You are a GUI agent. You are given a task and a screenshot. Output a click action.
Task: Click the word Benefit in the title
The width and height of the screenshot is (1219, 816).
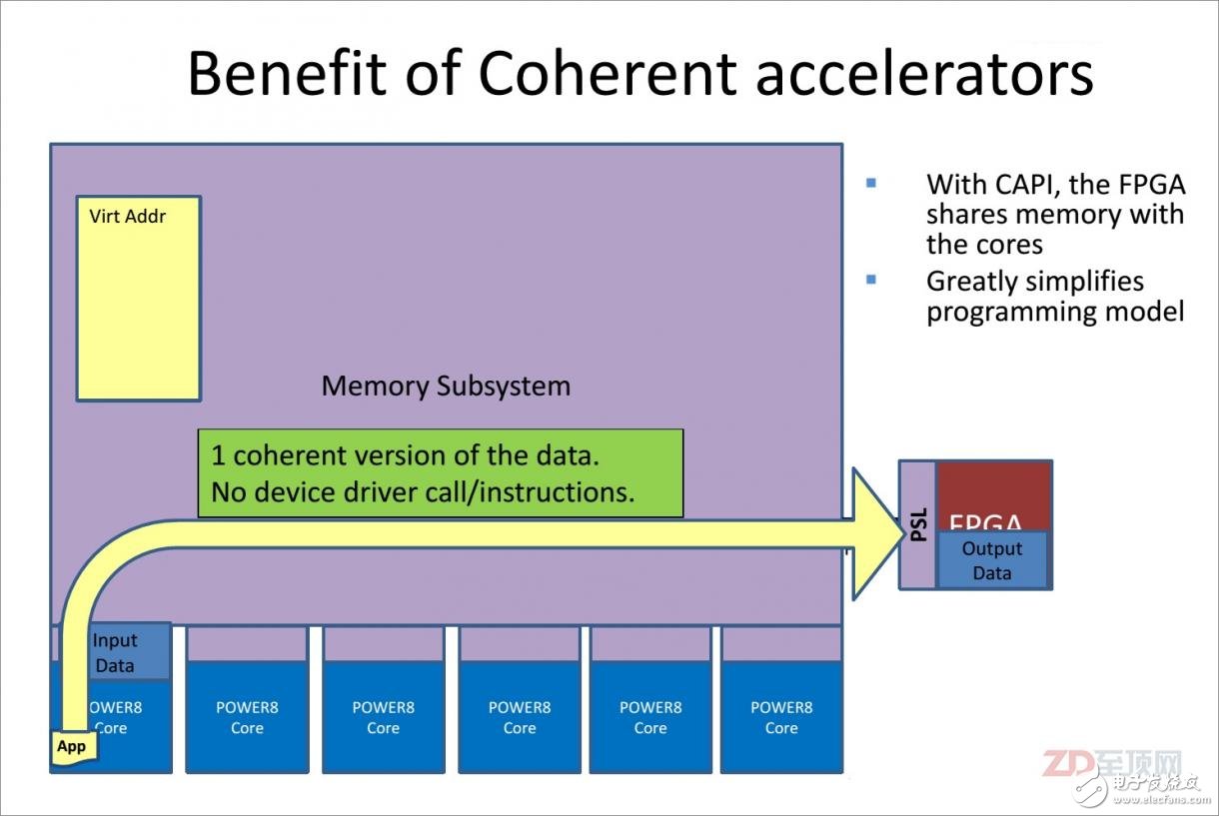pyautogui.click(x=287, y=73)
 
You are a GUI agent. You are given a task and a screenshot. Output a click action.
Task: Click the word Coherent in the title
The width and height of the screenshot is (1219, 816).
pyautogui.click(x=608, y=73)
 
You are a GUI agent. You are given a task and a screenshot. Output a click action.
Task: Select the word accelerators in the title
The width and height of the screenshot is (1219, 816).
pyautogui.click(x=925, y=75)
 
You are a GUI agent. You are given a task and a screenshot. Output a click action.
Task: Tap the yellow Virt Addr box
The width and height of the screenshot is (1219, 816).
pyautogui.click(x=139, y=298)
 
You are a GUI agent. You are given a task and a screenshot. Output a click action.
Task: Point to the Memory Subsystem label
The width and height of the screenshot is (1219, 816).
pyautogui.click(x=447, y=386)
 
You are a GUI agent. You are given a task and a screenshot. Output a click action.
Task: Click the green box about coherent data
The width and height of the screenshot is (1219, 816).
pyautogui.click(x=441, y=472)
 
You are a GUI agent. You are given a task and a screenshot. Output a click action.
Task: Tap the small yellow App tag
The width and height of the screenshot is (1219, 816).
pyautogui.click(x=75, y=746)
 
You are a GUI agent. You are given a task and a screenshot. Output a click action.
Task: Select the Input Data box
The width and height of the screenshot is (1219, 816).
pyautogui.click(x=127, y=652)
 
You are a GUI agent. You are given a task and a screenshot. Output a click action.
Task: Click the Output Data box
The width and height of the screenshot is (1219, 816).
pyautogui.click(x=992, y=560)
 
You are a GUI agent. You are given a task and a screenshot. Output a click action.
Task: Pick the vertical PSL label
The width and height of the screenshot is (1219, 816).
pyautogui.click(x=918, y=525)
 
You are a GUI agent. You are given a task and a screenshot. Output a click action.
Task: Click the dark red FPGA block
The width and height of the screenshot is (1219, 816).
pyautogui.click(x=994, y=496)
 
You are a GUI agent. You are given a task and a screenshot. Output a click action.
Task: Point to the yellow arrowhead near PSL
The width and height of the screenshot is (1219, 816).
pyautogui.click(x=877, y=534)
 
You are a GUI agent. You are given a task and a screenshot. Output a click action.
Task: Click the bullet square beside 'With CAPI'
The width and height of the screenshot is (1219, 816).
pyautogui.click(x=871, y=183)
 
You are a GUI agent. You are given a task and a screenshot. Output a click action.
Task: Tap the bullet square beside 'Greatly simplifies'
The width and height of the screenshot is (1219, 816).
pyautogui.click(x=871, y=280)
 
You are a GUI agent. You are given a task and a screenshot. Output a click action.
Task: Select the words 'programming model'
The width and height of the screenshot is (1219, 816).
pyautogui.click(x=1056, y=313)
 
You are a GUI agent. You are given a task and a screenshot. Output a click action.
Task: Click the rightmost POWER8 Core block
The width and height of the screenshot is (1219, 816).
pyautogui.click(x=781, y=717)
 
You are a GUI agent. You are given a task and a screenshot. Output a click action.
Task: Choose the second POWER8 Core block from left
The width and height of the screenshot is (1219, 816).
pyautogui.click(x=247, y=717)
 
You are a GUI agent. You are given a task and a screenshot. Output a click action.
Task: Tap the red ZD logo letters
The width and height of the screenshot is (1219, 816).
pyautogui.click(x=1068, y=764)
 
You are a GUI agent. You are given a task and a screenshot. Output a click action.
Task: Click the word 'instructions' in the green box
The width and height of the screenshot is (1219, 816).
pyautogui.click(x=557, y=492)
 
